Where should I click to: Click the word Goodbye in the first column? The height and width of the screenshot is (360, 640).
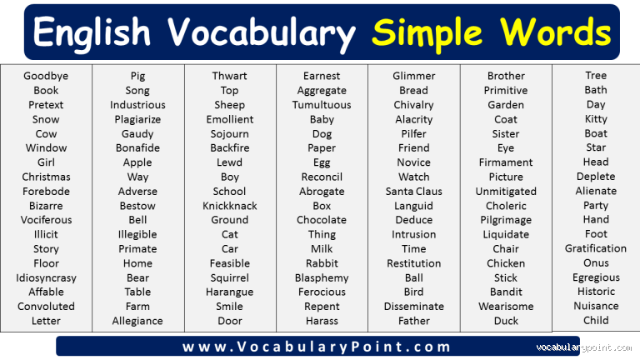click(46, 76)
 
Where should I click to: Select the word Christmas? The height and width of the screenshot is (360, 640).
click(46, 177)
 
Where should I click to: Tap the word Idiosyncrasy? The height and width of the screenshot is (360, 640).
click(46, 277)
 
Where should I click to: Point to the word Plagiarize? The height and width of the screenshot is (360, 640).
click(137, 119)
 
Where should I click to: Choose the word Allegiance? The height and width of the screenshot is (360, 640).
click(137, 321)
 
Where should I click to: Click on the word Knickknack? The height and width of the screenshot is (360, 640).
click(229, 206)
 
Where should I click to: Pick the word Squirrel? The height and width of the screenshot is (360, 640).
click(229, 277)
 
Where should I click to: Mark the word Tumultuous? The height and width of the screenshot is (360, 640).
click(322, 105)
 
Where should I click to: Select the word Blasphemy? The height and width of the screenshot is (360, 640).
click(322, 277)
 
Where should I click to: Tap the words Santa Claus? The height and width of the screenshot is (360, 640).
click(413, 191)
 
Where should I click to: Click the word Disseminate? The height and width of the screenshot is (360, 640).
click(413, 306)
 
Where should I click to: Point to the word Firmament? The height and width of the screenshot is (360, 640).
click(506, 162)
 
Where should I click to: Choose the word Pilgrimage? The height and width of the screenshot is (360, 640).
click(506, 220)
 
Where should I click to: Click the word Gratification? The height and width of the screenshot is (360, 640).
click(596, 248)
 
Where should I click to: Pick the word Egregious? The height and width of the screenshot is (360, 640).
click(596, 277)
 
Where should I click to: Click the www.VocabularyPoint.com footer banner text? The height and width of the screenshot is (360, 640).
click(317, 347)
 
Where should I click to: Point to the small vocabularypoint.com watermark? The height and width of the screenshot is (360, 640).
click(584, 347)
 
